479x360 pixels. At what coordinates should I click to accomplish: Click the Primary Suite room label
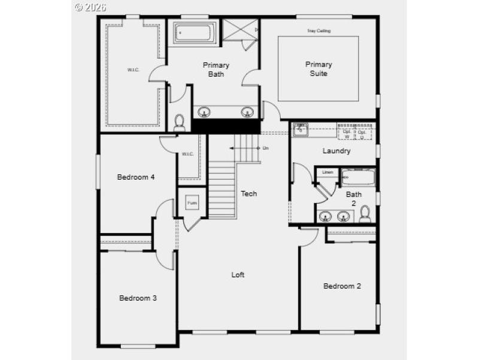319,68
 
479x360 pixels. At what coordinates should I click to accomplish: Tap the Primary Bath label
216,69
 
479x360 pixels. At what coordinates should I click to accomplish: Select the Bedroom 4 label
136,177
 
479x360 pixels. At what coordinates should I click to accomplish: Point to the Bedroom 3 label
138,298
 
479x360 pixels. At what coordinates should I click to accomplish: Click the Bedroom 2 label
342,286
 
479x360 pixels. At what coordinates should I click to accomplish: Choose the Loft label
238,275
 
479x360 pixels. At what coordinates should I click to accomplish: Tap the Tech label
248,193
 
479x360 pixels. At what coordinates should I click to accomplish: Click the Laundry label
336,151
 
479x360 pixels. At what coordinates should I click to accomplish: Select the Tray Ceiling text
319,31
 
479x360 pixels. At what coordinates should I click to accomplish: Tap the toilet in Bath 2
365,214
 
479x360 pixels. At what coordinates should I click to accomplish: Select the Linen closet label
327,173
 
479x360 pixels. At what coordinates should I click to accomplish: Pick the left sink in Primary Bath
205,112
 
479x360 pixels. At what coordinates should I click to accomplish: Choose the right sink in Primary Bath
247,112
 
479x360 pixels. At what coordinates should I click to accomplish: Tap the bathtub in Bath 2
357,177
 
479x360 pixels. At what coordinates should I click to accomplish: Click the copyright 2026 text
90,7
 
